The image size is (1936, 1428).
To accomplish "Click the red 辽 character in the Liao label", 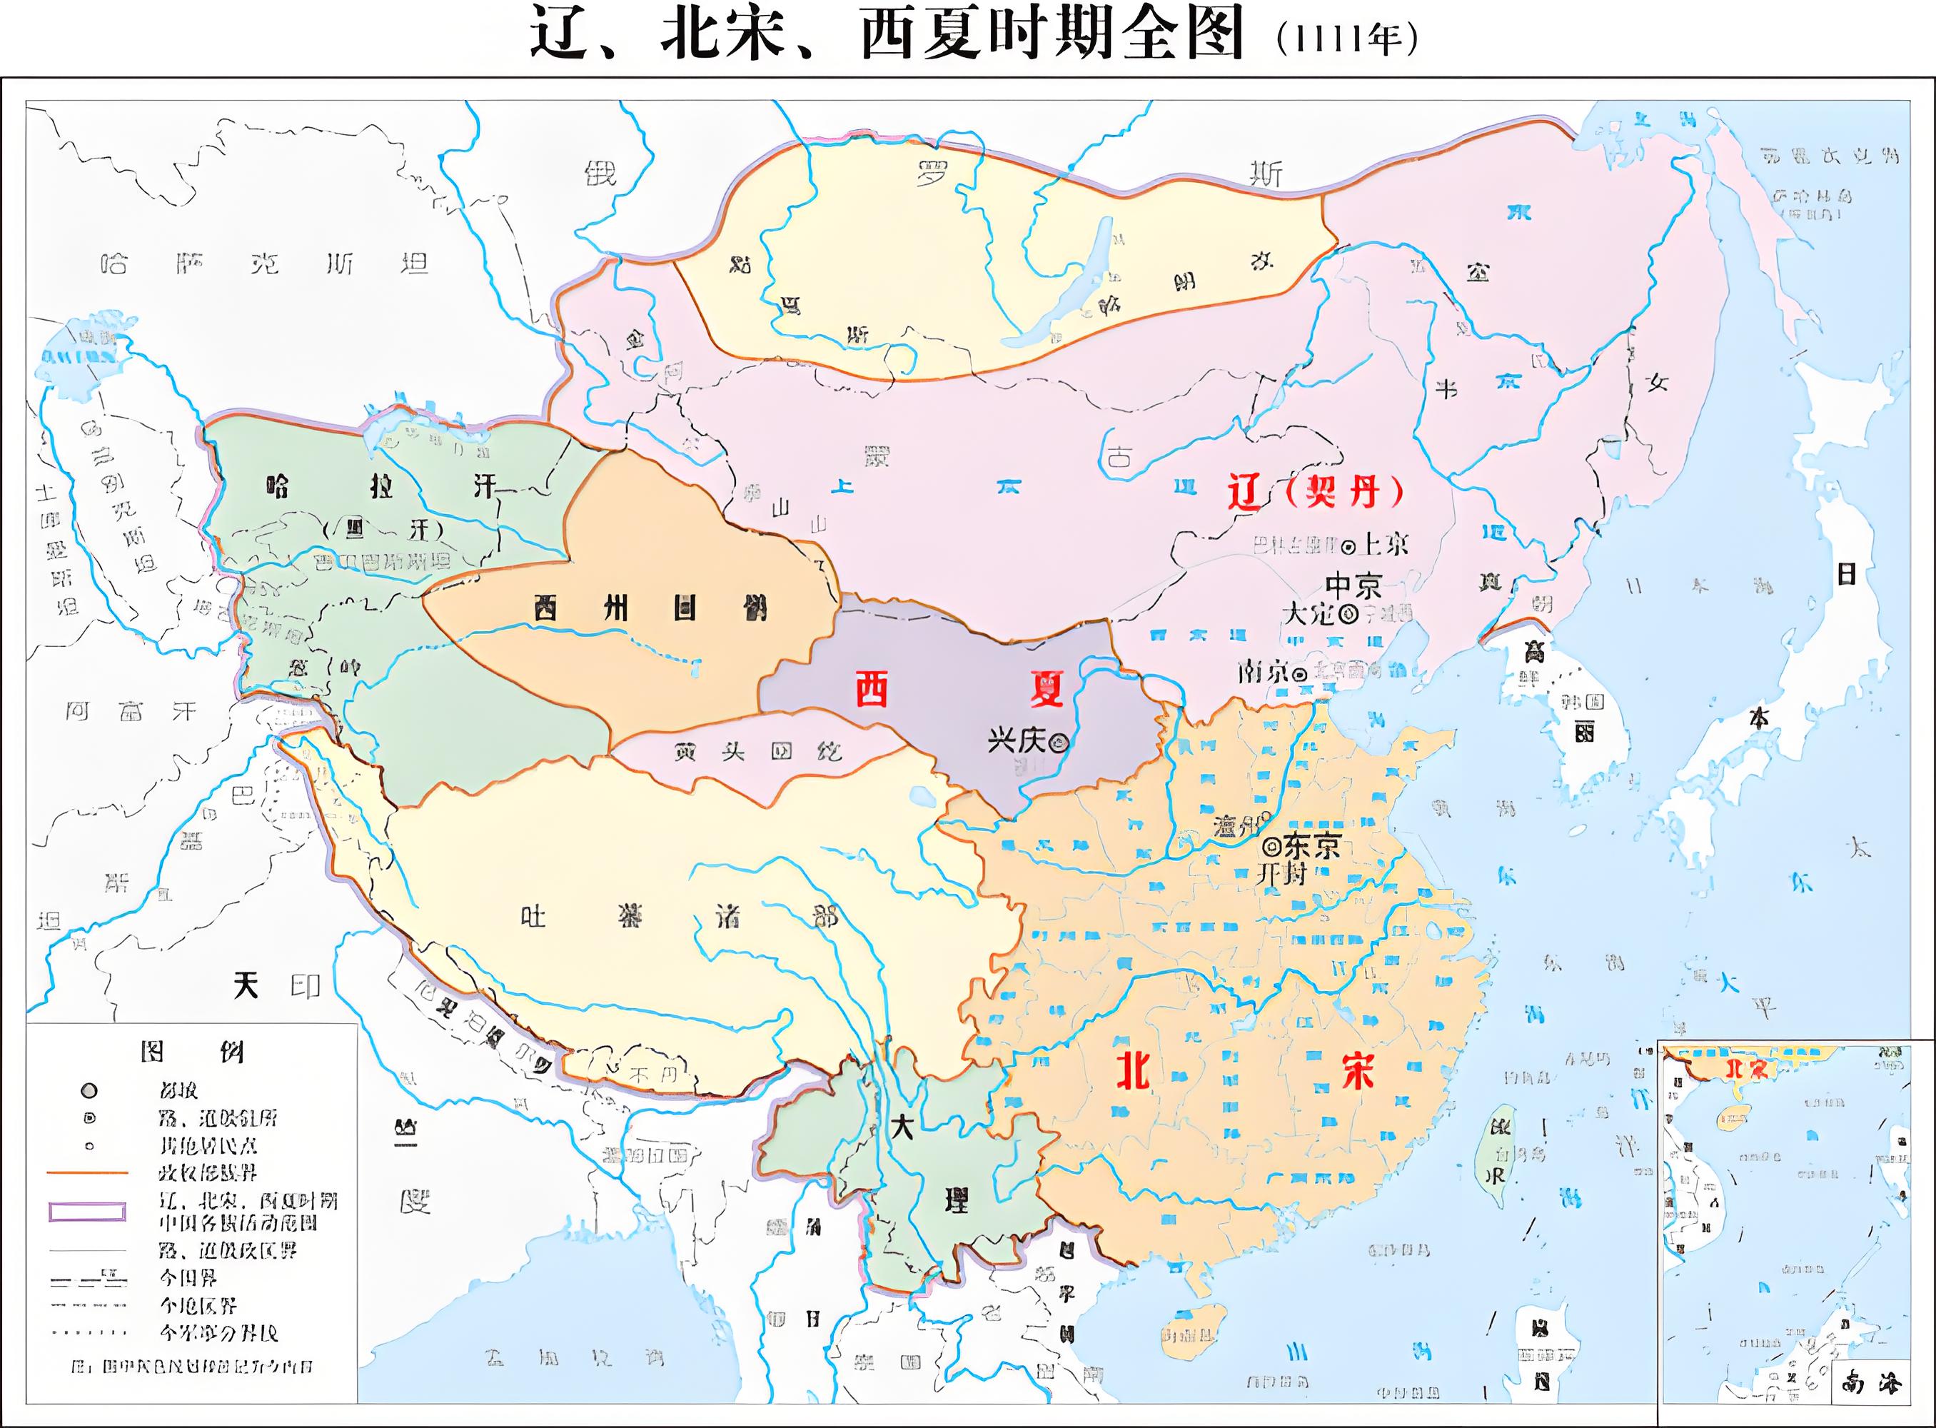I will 1246,493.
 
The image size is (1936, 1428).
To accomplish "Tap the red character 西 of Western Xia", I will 871,689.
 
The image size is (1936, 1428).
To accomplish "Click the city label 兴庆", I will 1017,741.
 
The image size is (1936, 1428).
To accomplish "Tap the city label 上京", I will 1386,544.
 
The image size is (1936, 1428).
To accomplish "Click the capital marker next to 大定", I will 1348,615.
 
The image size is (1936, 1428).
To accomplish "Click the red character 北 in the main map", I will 1132,1072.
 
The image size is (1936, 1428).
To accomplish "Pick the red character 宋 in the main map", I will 1358,1072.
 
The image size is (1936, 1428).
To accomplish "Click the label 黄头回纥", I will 758,752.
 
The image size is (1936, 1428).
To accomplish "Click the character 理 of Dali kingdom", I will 956,1200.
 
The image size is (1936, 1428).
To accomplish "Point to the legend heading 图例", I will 192,1052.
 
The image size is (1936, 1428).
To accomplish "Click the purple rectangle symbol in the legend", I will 87,1211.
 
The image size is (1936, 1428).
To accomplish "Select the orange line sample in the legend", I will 87,1173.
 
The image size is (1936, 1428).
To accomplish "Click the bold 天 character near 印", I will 246,985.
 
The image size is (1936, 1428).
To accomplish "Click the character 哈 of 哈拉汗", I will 278,487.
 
